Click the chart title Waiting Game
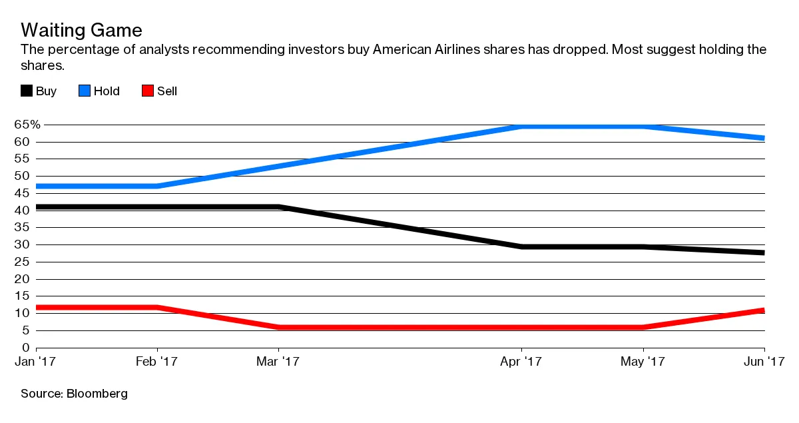81,31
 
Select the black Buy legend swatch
27,91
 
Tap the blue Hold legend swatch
85,91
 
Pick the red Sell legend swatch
148,91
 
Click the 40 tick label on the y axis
23,211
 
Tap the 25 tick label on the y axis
23,262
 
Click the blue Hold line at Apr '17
521,126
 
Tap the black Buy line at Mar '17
278,207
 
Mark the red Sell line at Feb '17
157,308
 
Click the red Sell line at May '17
643,327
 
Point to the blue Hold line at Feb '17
157,186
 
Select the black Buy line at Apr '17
521,246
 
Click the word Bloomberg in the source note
97,394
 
